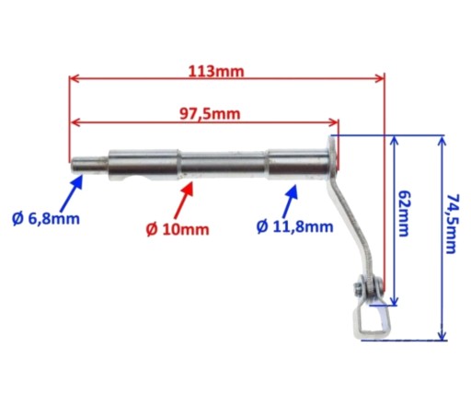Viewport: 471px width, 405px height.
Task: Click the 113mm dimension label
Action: [x=216, y=72]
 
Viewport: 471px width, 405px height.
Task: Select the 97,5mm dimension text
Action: [x=210, y=114]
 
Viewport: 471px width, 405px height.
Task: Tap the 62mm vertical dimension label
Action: [x=404, y=214]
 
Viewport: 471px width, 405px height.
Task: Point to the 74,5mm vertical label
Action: [x=452, y=224]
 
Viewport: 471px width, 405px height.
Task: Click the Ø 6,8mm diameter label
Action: [x=46, y=219]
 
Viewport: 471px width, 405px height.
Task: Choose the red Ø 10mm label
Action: [x=178, y=229]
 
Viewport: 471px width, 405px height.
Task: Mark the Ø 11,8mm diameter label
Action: [x=294, y=226]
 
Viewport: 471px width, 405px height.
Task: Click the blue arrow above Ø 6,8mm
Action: [x=71, y=193]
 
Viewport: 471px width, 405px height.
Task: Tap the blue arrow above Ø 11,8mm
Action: [x=290, y=201]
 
